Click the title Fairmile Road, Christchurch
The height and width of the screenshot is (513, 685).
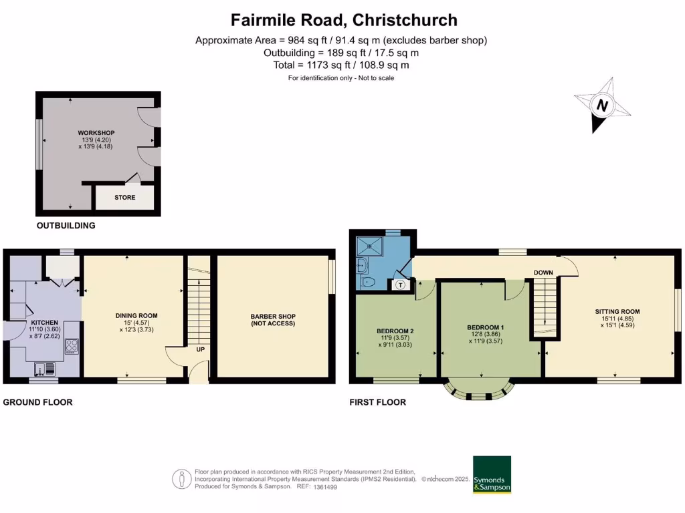pyautogui.click(x=344, y=19)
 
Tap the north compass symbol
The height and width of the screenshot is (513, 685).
pyautogui.click(x=603, y=106)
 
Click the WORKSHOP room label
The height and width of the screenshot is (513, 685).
pyautogui.click(x=92, y=133)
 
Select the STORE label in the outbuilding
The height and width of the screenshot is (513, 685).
pyautogui.click(x=124, y=198)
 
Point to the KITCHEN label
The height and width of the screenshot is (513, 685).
pyautogui.click(x=44, y=322)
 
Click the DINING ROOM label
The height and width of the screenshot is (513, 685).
pyautogui.click(x=136, y=315)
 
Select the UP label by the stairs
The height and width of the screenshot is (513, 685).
pyautogui.click(x=200, y=349)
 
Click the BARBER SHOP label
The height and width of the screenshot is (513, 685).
pyautogui.click(x=273, y=317)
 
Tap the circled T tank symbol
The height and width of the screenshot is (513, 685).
pyautogui.click(x=400, y=285)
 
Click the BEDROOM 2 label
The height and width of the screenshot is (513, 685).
pyautogui.click(x=395, y=331)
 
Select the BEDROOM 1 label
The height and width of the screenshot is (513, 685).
pyautogui.click(x=485, y=327)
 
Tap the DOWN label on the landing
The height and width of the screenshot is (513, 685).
pyautogui.click(x=543, y=273)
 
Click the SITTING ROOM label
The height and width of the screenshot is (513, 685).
pyautogui.click(x=617, y=311)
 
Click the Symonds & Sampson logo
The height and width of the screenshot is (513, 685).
pyautogui.click(x=492, y=474)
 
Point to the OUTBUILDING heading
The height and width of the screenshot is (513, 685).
pyautogui.click(x=66, y=226)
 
